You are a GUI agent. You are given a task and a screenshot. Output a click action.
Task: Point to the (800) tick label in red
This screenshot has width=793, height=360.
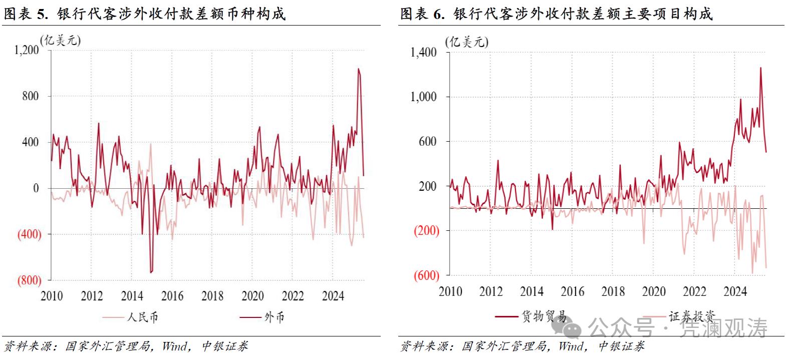click(29, 280)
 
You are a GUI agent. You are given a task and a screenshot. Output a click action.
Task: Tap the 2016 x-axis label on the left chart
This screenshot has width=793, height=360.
click(172, 296)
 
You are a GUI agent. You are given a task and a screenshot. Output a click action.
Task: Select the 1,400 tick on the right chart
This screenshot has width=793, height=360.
click(424, 52)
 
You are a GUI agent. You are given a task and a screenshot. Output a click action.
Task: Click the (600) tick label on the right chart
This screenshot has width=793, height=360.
click(426, 275)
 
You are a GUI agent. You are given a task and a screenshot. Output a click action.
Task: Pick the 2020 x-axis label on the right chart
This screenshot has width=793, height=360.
click(654, 291)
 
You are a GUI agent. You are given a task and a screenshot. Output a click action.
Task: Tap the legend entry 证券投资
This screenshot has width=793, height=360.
click(691, 316)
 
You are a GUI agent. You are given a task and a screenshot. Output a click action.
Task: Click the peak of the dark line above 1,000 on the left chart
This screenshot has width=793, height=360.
click(358, 69)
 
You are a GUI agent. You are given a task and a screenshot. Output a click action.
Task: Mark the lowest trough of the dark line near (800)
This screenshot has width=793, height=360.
click(151, 272)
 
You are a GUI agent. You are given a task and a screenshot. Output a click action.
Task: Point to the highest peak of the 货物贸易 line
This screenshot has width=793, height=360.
click(760, 68)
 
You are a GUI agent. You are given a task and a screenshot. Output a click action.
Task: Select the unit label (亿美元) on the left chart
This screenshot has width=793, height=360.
click(61, 40)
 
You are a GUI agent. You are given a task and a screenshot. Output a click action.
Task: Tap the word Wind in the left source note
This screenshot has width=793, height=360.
click(174, 346)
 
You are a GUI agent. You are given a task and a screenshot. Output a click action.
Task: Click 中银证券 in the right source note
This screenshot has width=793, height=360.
click(621, 346)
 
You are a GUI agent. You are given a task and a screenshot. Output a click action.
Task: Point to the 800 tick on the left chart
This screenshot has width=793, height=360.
click(30, 96)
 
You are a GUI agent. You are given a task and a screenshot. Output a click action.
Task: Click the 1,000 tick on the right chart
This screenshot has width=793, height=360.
click(424, 97)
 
